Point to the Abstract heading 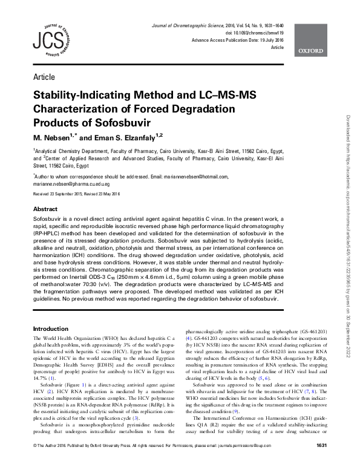click(45, 209)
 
